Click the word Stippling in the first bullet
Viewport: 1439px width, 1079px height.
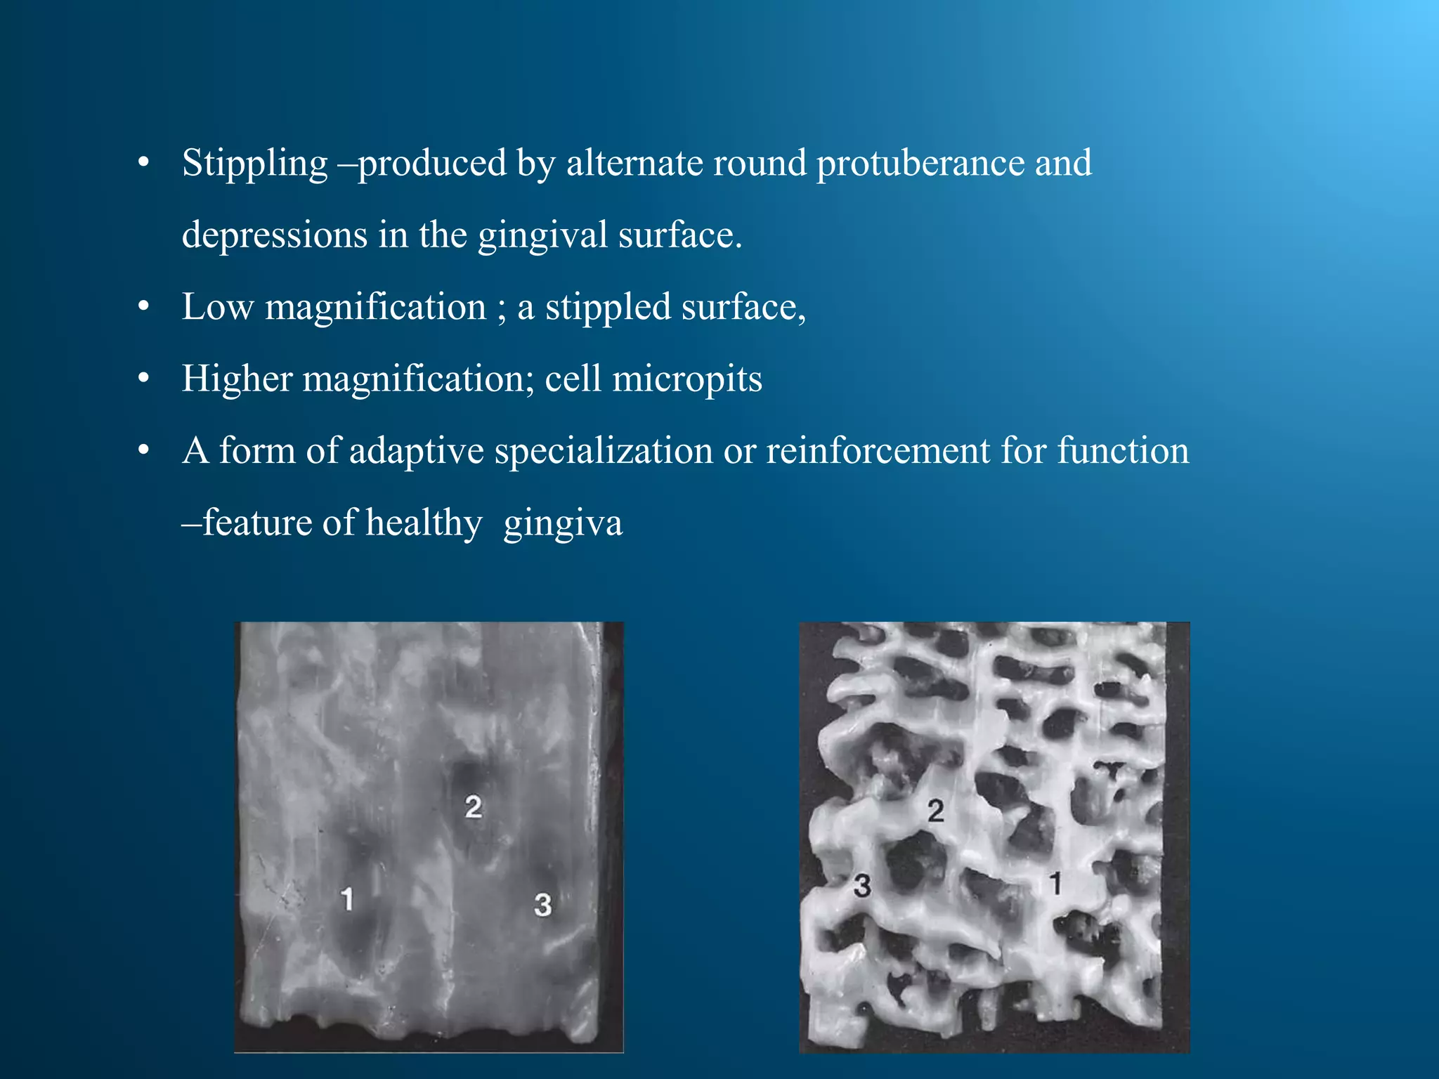click(254, 164)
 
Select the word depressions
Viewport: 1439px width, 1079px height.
click(274, 235)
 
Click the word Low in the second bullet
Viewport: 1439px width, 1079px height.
click(217, 307)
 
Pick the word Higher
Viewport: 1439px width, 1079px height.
click(237, 379)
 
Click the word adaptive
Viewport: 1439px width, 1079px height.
click(416, 451)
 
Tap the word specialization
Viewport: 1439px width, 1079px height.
click(604, 451)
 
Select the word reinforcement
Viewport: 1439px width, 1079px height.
click(878, 451)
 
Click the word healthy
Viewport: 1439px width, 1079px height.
click(424, 523)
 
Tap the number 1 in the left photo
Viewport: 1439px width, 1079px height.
click(346, 898)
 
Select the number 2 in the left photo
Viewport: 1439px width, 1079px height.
click(473, 806)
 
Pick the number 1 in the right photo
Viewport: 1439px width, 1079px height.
click(1055, 883)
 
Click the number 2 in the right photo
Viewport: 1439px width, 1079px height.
click(935, 811)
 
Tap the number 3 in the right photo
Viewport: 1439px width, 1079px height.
click(862, 886)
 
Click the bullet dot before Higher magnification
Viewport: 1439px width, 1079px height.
click(144, 379)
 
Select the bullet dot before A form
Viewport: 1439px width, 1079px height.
click(144, 451)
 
